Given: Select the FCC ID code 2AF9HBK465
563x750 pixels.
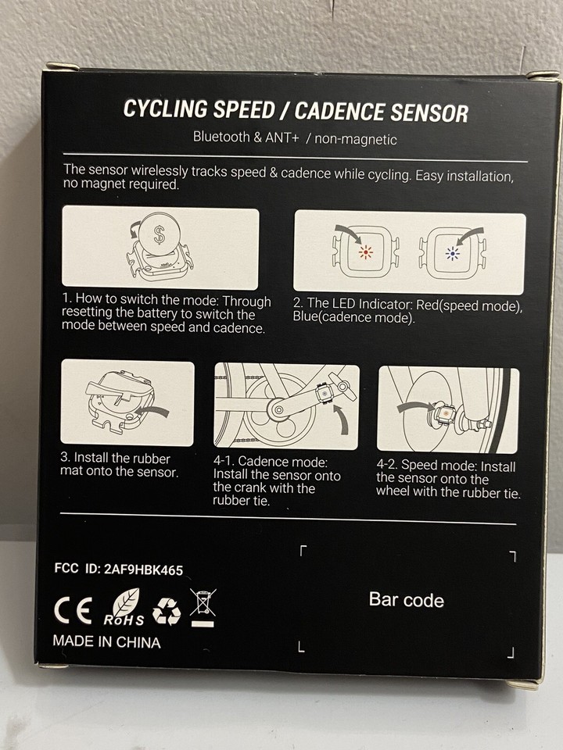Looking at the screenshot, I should coord(143,570).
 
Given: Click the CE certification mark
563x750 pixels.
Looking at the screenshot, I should coord(73,611).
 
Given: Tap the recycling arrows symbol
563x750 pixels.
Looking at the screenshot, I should coord(166,612).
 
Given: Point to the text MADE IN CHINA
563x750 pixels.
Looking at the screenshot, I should coord(106,642).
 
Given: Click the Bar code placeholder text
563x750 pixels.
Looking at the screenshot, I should coord(406,600).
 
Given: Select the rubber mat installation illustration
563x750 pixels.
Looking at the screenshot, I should coord(127,402).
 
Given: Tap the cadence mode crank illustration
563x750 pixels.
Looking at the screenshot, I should coord(286,406).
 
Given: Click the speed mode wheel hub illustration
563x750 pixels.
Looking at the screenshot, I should coord(447,409).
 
